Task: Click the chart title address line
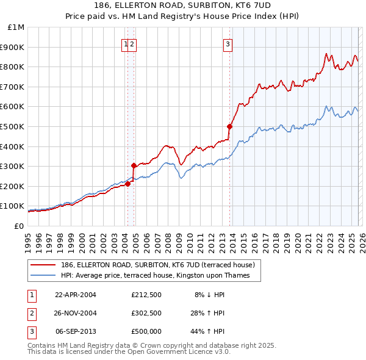183,5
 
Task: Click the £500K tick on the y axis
13,126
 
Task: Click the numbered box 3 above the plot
228,43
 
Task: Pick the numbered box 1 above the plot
126,43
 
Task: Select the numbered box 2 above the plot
132,43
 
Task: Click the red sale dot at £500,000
229,126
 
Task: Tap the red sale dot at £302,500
134,165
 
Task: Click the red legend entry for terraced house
161,265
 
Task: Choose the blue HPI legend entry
160,276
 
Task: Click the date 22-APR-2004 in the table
76,295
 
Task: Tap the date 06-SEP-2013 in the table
76,331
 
